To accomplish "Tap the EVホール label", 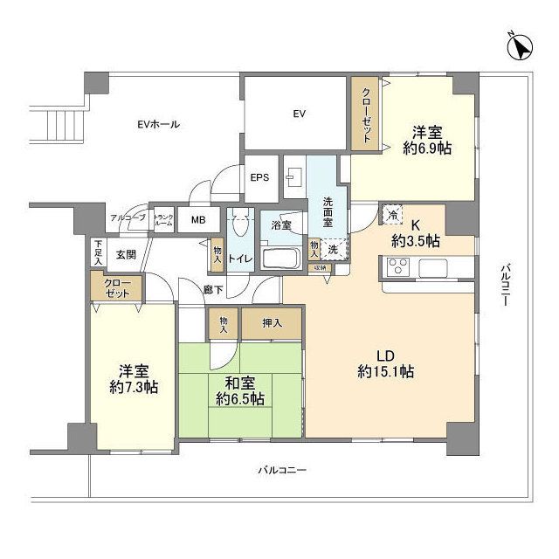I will point(158,125).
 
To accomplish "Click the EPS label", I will point(259,177).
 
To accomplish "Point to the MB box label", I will point(198,220).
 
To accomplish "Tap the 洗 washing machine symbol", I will point(334,249).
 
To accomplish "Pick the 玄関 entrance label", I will point(125,254).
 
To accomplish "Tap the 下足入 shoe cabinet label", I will point(99,252).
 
